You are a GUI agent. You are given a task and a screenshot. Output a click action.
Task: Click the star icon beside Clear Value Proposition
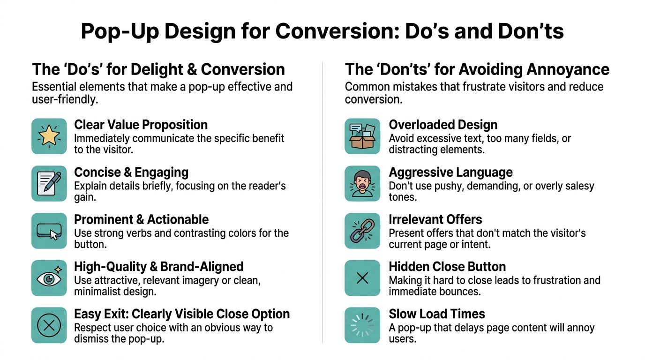click(x=49, y=136)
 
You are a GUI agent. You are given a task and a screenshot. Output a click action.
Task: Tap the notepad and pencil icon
click(x=49, y=183)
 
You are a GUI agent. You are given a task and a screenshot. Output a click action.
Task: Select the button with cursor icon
click(x=49, y=231)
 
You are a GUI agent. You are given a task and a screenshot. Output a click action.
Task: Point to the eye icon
click(x=49, y=278)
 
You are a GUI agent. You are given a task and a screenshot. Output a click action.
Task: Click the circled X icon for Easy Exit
click(x=49, y=325)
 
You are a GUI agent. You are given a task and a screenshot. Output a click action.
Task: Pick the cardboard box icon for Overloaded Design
click(x=362, y=136)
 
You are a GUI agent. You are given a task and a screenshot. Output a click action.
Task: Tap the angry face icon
click(x=362, y=183)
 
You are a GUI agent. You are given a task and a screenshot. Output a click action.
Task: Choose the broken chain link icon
click(x=362, y=231)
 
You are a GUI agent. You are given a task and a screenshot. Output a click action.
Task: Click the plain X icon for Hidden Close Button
click(x=362, y=278)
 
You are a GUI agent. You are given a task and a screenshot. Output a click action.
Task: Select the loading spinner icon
click(x=362, y=325)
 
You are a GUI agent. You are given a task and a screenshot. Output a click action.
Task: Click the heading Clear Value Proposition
click(x=141, y=125)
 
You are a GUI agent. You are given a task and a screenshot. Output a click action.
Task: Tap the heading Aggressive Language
click(x=450, y=172)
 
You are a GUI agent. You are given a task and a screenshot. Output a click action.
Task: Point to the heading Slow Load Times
click(x=437, y=314)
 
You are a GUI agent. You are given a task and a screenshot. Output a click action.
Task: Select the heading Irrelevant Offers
click(x=435, y=219)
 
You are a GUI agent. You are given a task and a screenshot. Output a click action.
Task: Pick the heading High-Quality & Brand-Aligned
click(x=158, y=267)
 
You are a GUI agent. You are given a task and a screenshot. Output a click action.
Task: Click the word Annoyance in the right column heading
click(x=567, y=69)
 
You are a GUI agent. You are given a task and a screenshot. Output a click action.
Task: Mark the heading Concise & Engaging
click(x=131, y=172)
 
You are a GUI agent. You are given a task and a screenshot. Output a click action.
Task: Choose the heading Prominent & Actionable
click(x=141, y=219)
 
